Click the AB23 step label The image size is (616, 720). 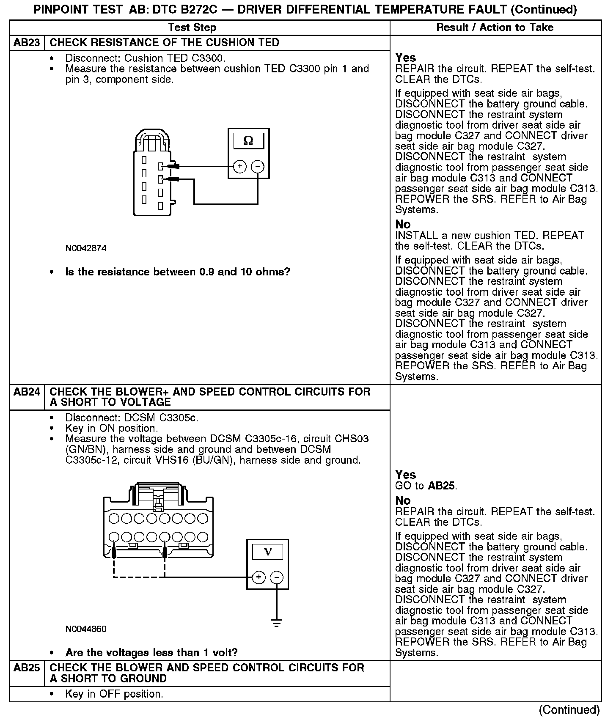[x=27, y=43]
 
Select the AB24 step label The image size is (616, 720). [x=27, y=392]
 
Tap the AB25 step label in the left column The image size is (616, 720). [x=27, y=668]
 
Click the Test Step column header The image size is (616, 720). [x=192, y=27]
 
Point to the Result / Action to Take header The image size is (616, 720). [x=495, y=27]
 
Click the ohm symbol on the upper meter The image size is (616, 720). [x=248, y=141]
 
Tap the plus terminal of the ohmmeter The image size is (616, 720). [x=240, y=166]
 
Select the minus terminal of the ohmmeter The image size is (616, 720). [x=258, y=166]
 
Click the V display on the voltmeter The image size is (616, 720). [x=267, y=552]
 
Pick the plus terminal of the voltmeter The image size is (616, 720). [x=258, y=577]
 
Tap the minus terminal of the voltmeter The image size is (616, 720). [x=277, y=577]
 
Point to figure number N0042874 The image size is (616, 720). [x=86, y=248]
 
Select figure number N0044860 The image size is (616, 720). [x=86, y=629]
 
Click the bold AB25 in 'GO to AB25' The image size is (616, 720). [x=441, y=486]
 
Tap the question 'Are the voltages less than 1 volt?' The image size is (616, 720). [x=151, y=653]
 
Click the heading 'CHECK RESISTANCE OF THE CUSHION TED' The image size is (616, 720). [x=165, y=43]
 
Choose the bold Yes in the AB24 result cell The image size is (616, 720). [x=405, y=475]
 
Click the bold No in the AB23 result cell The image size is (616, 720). [x=403, y=224]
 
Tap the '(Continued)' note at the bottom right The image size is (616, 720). [x=569, y=710]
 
